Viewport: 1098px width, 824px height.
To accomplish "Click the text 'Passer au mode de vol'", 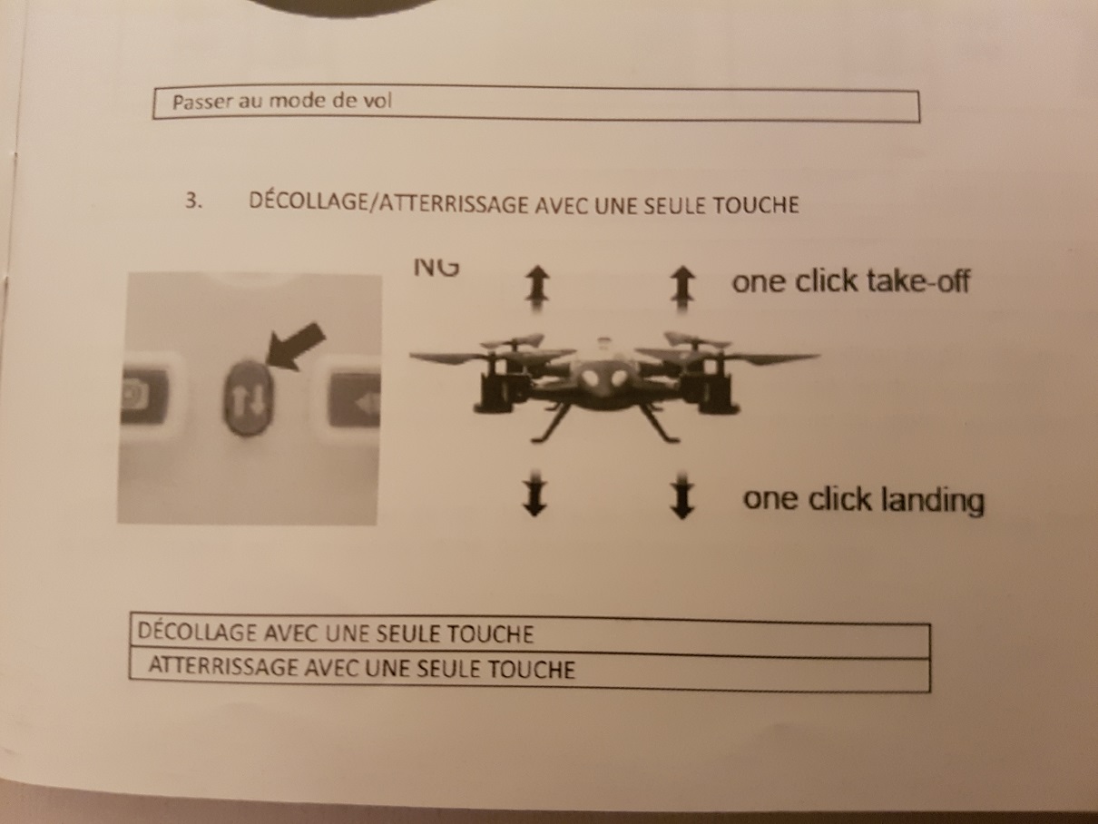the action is click(281, 102).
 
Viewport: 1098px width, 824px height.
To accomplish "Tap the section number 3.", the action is click(193, 201).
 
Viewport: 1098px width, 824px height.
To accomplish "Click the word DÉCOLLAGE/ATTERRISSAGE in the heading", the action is click(388, 202).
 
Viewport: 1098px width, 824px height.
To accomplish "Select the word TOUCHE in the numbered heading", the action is click(755, 205).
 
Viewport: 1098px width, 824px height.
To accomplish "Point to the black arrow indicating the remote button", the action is click(295, 347).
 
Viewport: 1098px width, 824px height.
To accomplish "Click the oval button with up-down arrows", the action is click(248, 397).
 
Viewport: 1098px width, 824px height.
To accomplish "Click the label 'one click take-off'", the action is click(851, 281).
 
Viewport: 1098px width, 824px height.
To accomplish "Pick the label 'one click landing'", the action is click(863, 499).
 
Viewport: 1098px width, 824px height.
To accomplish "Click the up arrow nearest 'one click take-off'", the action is click(682, 289).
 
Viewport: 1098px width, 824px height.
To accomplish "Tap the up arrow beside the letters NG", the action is click(537, 289).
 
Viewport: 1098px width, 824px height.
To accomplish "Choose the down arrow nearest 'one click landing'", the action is click(681, 495).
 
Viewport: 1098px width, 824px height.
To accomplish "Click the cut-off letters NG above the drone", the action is click(436, 268).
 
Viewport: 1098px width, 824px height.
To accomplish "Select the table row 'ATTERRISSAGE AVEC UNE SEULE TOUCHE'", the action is click(530, 671).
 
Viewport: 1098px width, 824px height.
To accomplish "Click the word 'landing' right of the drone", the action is click(932, 500).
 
